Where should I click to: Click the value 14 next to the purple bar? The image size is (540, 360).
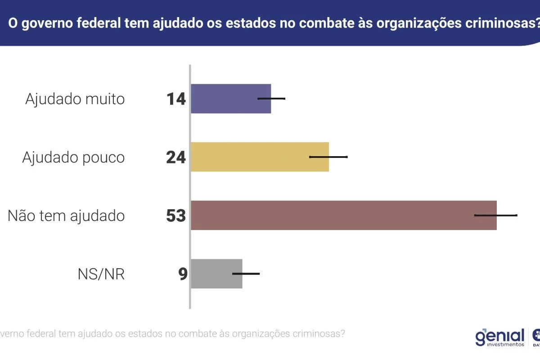[176, 99]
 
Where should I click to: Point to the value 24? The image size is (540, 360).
[176, 157]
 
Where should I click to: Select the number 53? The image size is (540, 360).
[176, 216]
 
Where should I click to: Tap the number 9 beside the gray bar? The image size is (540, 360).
[183, 274]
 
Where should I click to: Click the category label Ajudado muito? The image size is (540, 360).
[75, 99]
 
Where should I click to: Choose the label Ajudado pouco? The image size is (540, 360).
[73, 157]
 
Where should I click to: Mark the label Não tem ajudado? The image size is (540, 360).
[66, 216]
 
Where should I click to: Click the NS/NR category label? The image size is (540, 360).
[101, 274]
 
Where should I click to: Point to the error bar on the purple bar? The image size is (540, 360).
[271, 98]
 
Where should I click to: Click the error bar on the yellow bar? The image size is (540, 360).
[328, 157]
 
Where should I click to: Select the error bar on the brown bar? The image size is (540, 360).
[496, 215]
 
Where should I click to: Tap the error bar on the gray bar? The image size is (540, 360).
[246, 273]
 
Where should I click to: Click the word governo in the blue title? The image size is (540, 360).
[47, 23]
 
